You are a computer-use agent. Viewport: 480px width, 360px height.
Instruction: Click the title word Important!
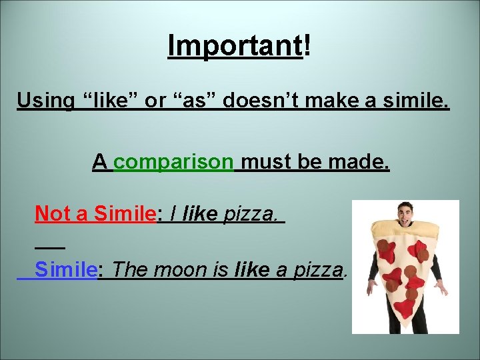click(239, 45)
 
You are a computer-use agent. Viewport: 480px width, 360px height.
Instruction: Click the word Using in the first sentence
click(45, 101)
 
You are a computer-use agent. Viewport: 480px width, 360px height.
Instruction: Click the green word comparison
click(173, 161)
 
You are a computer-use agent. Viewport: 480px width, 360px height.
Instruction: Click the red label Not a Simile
click(95, 213)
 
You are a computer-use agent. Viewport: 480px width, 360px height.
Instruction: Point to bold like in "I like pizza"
click(201, 213)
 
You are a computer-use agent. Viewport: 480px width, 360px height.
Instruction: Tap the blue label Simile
click(66, 270)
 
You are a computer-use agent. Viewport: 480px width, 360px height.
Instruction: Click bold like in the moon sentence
click(253, 270)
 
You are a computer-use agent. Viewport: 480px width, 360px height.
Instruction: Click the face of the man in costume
click(405, 215)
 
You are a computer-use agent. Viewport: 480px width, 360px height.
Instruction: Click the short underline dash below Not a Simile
click(49, 247)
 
